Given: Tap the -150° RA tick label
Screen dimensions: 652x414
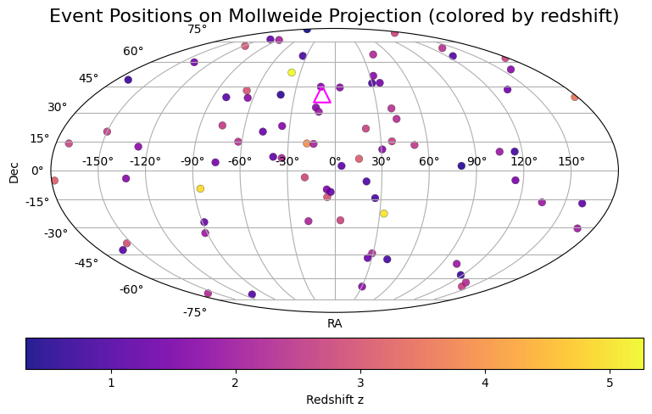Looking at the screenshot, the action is (98, 161).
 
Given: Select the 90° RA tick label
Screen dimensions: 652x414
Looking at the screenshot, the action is (476, 161).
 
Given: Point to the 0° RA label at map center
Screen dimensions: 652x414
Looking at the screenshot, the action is (335, 161).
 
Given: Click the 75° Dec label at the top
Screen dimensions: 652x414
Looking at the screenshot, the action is (197, 30).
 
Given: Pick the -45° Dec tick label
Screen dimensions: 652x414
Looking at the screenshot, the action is (86, 263).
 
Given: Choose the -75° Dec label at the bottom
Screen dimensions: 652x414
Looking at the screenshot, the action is (195, 312).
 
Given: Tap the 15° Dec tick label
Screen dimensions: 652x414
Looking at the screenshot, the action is (40, 138).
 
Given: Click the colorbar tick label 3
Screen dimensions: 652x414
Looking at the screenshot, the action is (360, 383).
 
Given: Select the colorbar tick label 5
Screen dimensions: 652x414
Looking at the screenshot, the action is (610, 383).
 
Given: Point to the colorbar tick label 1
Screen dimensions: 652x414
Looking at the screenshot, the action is (111, 383).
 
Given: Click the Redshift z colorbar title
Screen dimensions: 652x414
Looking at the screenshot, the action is (335, 400).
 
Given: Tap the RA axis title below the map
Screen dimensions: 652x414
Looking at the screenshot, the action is (335, 324).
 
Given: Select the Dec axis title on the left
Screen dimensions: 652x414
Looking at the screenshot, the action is (14, 173).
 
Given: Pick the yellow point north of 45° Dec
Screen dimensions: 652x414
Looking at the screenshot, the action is (292, 72).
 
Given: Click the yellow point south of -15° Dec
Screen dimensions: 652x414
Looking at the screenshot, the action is (384, 214).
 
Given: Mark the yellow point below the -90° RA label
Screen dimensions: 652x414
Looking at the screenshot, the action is (200, 188).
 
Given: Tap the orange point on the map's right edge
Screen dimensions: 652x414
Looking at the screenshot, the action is (575, 97).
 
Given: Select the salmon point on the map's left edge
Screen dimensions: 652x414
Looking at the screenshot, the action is (54, 180).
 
